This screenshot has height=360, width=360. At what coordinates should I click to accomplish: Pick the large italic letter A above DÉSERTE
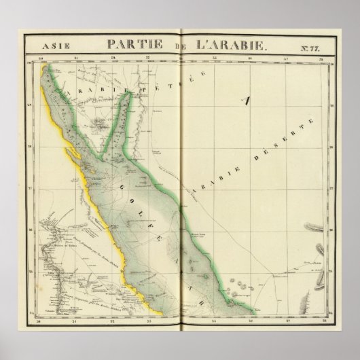247,103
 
